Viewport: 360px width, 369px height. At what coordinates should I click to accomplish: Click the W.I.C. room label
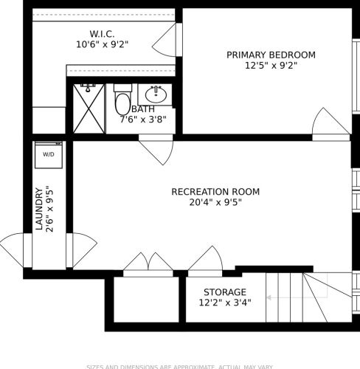[102, 33]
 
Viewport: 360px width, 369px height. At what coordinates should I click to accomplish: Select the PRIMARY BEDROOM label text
[271, 55]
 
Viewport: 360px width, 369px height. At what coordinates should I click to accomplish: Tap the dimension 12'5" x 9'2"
[271, 65]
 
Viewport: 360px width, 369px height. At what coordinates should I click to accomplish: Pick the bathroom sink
[155, 94]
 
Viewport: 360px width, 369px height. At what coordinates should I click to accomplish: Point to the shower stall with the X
[90, 108]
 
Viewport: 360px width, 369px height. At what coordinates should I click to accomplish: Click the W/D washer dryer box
[49, 155]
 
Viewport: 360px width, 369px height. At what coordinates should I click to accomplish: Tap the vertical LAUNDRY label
[39, 210]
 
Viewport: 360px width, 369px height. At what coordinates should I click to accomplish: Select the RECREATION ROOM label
[215, 192]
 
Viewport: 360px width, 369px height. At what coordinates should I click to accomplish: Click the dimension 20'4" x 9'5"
[215, 202]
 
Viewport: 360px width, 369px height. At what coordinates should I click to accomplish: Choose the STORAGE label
[225, 292]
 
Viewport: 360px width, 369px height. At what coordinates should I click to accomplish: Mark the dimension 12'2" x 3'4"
[225, 303]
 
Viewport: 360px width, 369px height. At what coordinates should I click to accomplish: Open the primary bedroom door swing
[330, 123]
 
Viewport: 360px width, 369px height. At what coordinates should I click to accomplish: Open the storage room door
[205, 261]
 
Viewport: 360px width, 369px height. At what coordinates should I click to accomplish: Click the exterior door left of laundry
[15, 249]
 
